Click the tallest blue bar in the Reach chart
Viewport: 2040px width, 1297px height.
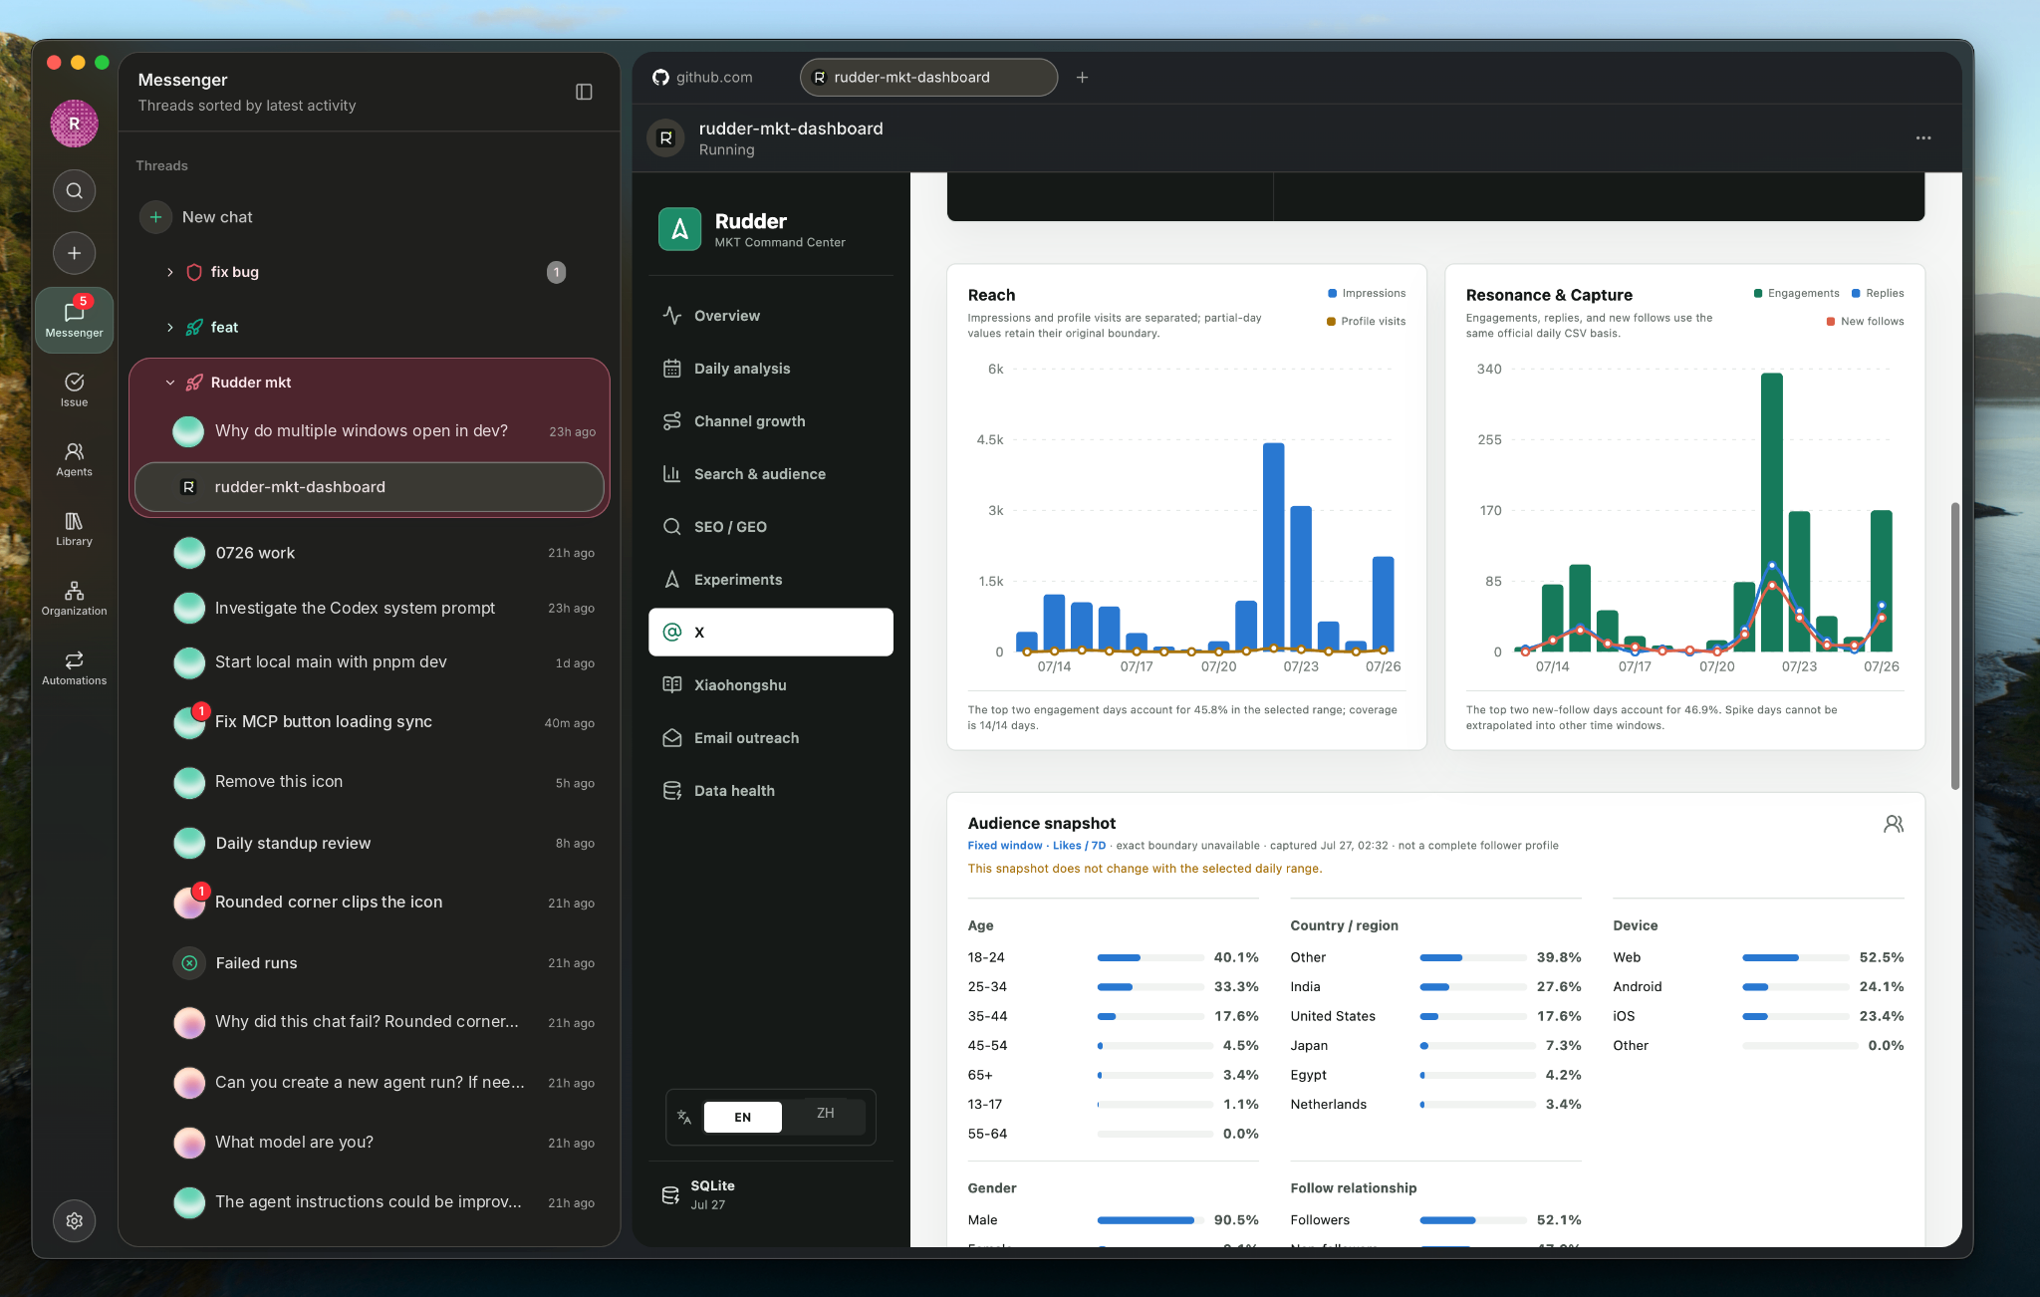point(1273,547)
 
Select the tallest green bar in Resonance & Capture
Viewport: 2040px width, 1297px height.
point(1771,512)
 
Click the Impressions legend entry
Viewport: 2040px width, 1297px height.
point(1367,293)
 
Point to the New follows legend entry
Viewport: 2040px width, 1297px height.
point(1865,321)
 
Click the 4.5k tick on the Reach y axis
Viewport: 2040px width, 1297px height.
point(990,439)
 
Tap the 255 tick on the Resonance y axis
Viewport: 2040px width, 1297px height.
point(1489,439)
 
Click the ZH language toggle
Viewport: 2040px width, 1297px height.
point(825,1114)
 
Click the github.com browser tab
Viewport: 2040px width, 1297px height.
point(703,78)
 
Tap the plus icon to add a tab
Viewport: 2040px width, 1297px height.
point(1082,78)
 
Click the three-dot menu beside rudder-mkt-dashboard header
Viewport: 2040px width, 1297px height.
point(1923,138)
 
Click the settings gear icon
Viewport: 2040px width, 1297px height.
point(75,1221)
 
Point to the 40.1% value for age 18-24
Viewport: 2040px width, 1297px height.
point(1236,957)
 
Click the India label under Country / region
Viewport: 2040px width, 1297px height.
point(1305,987)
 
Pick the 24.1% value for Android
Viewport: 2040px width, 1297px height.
point(1882,987)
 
